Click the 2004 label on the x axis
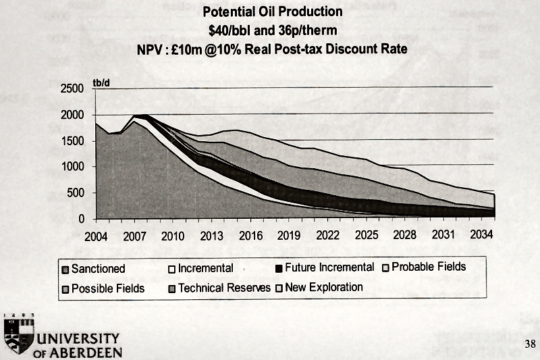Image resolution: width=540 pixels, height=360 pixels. point(97,236)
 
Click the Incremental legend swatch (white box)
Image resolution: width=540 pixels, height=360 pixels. point(172,269)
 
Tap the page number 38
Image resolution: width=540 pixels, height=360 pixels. point(529,344)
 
